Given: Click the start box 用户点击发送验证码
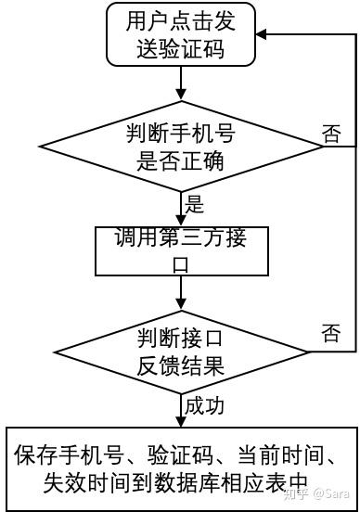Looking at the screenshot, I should [x=180, y=35].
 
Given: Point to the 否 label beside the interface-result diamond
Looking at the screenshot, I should [x=330, y=331].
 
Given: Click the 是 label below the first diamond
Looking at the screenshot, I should [x=195, y=204].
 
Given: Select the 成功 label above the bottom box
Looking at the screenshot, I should [x=205, y=406].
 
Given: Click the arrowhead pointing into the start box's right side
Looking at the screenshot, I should [x=261, y=34].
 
